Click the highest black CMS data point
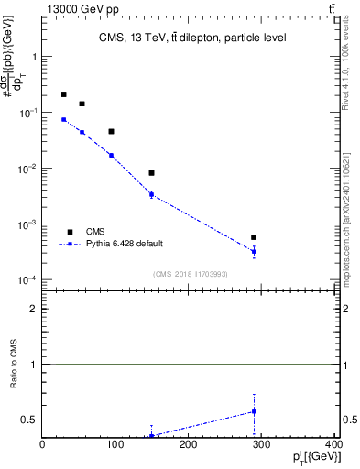pyautogui.click(x=63, y=94)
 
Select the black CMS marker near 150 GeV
pyautogui.click(x=151, y=173)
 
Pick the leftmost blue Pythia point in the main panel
pyautogui.click(x=63, y=119)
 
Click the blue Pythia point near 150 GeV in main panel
pyautogui.click(x=151, y=194)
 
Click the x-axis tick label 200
pyautogui.click(x=188, y=445)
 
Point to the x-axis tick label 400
pyautogui.click(x=333, y=445)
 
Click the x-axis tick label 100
pyautogui.click(x=115, y=445)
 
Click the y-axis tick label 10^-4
pyautogui.click(x=27, y=280)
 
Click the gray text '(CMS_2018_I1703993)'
pyautogui.click(x=189, y=273)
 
